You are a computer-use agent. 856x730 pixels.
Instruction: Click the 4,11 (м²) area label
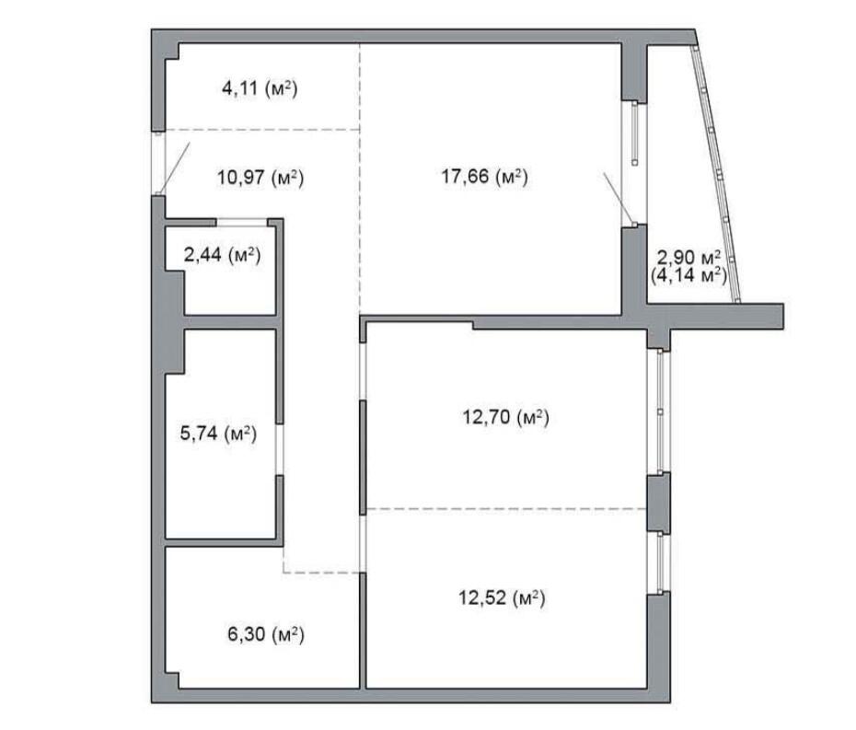(260, 88)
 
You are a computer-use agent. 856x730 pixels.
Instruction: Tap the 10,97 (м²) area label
(260, 178)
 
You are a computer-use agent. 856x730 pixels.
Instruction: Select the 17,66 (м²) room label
(485, 177)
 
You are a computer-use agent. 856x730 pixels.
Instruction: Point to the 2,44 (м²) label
(222, 254)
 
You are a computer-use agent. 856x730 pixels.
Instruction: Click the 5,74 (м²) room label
(218, 434)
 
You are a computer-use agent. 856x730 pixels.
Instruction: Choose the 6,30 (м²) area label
(266, 634)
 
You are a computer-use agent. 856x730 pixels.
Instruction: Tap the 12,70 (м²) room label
(506, 418)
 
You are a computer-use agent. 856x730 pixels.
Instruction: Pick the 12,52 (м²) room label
(502, 597)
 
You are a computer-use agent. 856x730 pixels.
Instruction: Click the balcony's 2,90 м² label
(688, 257)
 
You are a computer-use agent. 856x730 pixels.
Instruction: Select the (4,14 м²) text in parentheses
(689, 274)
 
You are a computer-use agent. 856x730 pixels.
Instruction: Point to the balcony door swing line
(619, 198)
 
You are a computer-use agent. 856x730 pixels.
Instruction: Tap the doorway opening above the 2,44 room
(242, 222)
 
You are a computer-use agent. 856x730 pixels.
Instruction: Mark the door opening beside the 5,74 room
(280, 449)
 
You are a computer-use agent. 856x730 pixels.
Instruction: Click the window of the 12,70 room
(660, 411)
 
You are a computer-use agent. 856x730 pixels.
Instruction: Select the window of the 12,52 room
(660, 563)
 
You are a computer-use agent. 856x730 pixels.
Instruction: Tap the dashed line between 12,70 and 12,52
(506, 509)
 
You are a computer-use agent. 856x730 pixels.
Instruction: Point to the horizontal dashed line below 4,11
(262, 130)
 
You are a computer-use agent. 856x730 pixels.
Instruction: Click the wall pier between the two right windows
(658, 503)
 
